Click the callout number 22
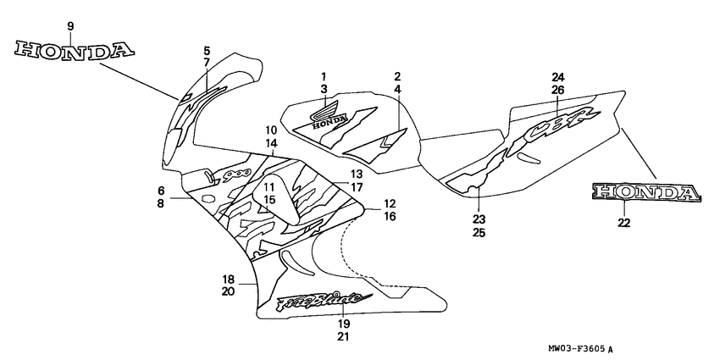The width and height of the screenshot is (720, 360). tap(624, 223)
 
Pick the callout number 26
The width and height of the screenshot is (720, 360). tap(557, 89)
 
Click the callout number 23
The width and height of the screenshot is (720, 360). tap(479, 218)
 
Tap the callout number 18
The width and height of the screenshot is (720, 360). tap(228, 280)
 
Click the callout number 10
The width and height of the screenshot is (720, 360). tap(271, 130)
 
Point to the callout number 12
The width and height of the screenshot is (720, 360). tap(390, 203)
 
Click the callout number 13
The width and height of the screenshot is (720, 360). tap(357, 174)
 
